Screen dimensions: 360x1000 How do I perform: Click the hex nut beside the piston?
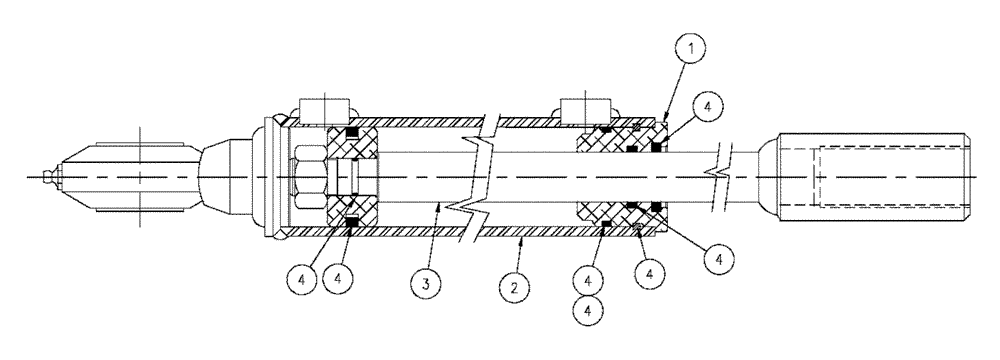[x=311, y=178]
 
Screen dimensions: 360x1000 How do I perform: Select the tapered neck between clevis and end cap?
[x=225, y=178]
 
